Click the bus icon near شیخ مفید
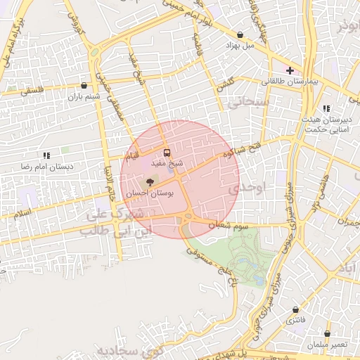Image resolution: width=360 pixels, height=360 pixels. coord(167,152)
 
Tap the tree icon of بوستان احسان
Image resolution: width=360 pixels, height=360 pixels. coord(148,182)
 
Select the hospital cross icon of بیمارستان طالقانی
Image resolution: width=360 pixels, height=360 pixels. coord(290,70)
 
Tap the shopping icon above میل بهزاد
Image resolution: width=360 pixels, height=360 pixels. coord(241,34)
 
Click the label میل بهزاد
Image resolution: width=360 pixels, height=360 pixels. coord(239,46)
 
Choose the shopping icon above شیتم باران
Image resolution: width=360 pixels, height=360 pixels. coord(84,85)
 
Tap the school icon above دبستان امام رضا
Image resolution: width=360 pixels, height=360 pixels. coord(46,155)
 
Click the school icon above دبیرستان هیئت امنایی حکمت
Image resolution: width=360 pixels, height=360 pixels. coord(326,108)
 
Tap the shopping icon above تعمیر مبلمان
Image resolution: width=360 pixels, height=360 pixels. coord(327,333)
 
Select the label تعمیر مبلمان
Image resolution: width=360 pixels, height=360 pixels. coord(326,345)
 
